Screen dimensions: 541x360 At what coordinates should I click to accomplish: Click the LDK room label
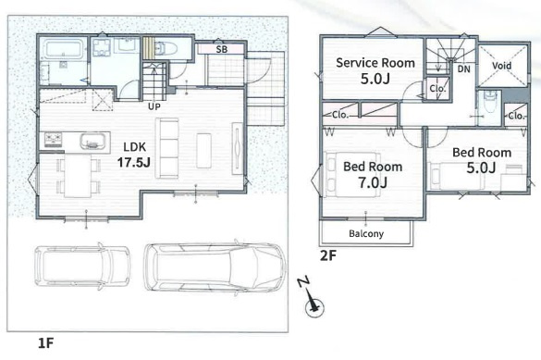[135, 147]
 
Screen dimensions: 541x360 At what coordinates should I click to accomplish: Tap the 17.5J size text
[134, 162]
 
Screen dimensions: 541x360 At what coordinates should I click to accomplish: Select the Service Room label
[375, 63]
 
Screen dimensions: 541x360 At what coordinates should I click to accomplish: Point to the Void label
[501, 65]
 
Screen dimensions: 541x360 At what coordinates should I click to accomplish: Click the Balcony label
[366, 233]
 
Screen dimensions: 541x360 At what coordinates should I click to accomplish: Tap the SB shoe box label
[222, 49]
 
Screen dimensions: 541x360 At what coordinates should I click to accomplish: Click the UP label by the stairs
[154, 106]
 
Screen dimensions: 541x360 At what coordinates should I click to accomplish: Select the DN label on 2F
[463, 69]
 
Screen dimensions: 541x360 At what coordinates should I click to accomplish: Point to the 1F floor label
[45, 343]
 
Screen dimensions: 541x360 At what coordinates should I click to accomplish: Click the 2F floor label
[327, 255]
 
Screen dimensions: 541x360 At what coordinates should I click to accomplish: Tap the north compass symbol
[313, 299]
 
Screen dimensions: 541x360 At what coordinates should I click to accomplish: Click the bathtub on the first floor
[64, 49]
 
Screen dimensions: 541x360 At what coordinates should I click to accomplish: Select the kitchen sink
[92, 142]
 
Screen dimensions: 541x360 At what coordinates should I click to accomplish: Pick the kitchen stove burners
[53, 140]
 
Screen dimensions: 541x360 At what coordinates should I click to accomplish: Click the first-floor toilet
[166, 48]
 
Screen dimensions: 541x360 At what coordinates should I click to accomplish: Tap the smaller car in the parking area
[82, 267]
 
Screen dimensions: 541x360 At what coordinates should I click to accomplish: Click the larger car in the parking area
[215, 267]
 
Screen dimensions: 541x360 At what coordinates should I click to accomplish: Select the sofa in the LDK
[167, 148]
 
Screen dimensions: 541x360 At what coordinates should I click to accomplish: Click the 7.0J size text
[373, 182]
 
